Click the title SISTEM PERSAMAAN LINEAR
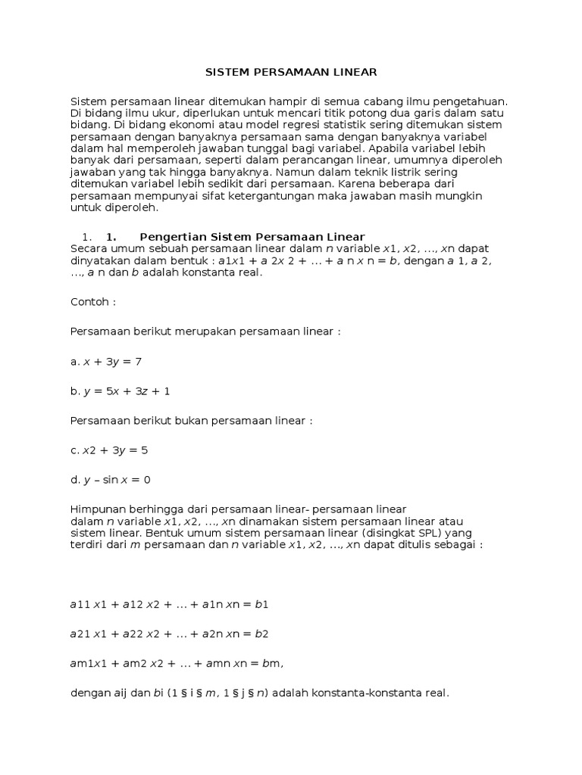[x=291, y=73]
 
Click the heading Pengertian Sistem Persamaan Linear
[x=252, y=236]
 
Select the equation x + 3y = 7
[x=106, y=362]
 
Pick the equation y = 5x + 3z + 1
[x=120, y=391]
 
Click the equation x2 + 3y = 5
[x=109, y=450]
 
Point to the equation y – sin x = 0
[x=111, y=480]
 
